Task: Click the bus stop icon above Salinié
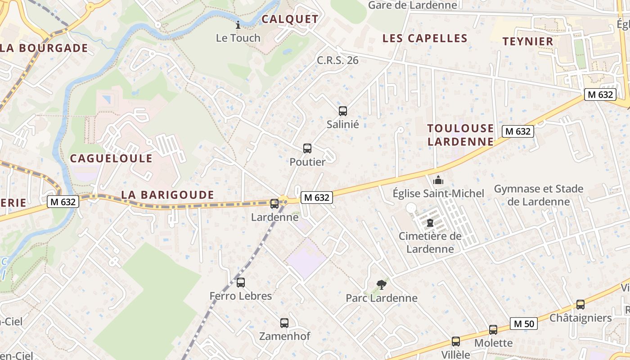tap(343, 111)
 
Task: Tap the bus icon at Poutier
tap(307, 148)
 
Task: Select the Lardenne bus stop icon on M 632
tap(274, 203)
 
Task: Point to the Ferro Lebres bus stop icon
tap(241, 283)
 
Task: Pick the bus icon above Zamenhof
tap(284, 323)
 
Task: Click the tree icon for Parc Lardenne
tap(381, 284)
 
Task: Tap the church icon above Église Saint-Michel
tap(438, 180)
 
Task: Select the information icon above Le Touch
tap(238, 25)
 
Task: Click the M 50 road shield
tap(524, 324)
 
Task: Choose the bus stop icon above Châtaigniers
tap(580, 305)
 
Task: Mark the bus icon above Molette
tap(493, 330)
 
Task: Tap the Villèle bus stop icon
tap(456, 342)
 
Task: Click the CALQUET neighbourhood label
tap(290, 19)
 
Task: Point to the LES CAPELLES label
tap(425, 39)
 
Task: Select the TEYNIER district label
tap(528, 41)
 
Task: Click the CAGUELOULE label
tap(111, 158)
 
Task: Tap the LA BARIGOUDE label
tap(167, 195)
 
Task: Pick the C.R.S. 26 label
tap(337, 60)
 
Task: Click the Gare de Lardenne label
tap(412, 5)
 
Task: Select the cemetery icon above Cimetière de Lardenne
tap(430, 222)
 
